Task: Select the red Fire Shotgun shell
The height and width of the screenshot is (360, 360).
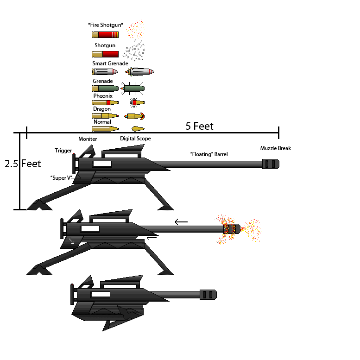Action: point(105,34)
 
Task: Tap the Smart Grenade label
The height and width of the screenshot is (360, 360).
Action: point(110,63)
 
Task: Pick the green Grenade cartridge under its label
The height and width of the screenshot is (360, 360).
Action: point(105,88)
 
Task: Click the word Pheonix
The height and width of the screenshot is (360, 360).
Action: point(103,96)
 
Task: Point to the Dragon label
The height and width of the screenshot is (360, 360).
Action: point(102,109)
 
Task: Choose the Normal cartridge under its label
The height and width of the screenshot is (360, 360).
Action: point(105,128)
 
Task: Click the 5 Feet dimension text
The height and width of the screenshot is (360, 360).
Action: point(199,126)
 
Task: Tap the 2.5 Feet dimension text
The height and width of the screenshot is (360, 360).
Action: point(23,164)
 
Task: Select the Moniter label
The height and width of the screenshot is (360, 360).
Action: point(88,139)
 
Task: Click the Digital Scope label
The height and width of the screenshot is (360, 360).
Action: point(135,139)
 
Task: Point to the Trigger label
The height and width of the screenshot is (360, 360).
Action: point(63,151)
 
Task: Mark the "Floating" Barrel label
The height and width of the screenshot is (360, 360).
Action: point(209,154)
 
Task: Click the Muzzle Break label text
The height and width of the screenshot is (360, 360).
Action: point(275,148)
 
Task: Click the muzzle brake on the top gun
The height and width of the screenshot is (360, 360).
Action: point(271,164)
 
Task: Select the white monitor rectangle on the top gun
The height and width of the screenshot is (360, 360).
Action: point(102,164)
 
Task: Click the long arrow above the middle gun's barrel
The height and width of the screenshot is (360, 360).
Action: point(181,222)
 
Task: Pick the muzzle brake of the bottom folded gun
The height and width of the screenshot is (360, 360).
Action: point(208,294)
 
